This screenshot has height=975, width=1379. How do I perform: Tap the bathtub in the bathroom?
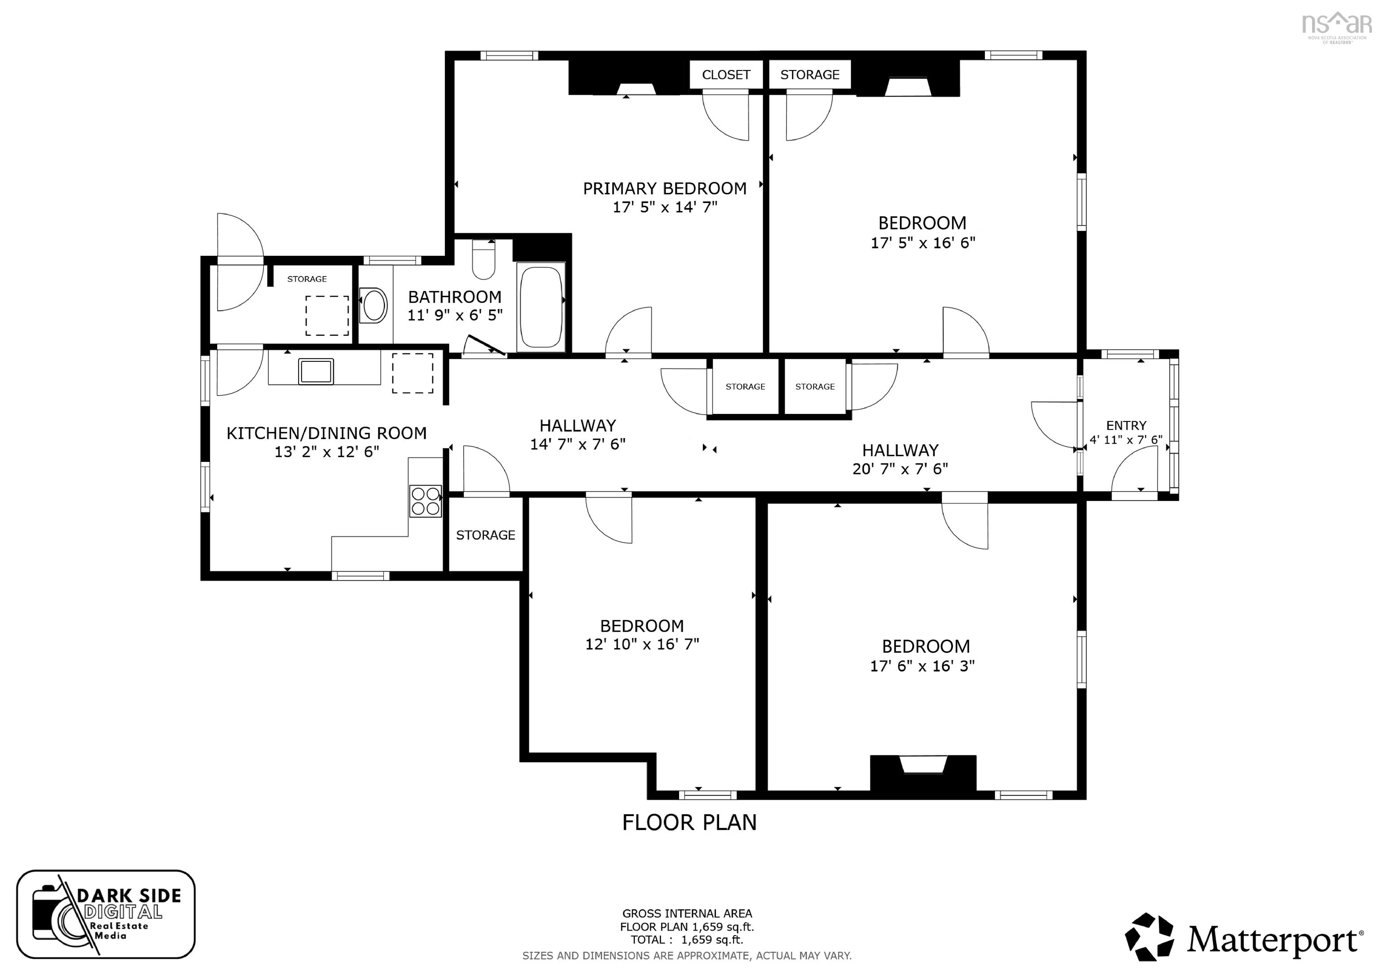tap(540, 307)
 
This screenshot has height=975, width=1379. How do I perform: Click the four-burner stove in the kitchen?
tap(425, 501)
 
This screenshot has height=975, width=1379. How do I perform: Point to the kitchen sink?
tap(316, 371)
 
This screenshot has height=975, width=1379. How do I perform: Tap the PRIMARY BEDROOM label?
tap(664, 188)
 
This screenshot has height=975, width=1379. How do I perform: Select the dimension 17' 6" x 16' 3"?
tap(922, 666)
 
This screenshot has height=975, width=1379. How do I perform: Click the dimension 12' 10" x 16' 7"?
tap(642, 644)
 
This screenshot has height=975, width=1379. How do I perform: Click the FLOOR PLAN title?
tap(689, 822)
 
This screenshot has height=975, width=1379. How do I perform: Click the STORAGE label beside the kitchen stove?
tap(485, 535)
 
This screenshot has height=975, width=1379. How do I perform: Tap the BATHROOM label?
tap(455, 297)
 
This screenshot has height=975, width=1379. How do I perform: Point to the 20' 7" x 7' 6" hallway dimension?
tap(900, 469)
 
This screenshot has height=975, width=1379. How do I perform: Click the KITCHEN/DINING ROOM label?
tap(326, 433)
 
